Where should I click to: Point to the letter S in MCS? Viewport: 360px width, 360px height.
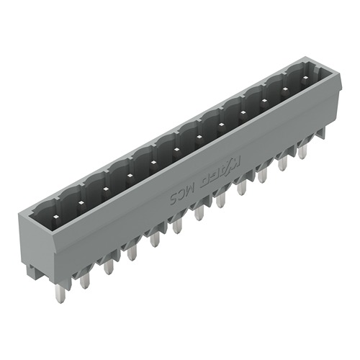[174, 197]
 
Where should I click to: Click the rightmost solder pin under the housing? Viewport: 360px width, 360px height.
[302, 150]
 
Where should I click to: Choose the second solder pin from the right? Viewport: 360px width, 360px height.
[282, 163]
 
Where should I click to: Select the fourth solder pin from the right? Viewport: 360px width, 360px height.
[241, 186]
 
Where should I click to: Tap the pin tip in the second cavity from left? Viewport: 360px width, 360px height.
[81, 202]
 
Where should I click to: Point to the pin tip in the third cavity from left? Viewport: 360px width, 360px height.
[105, 189]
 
